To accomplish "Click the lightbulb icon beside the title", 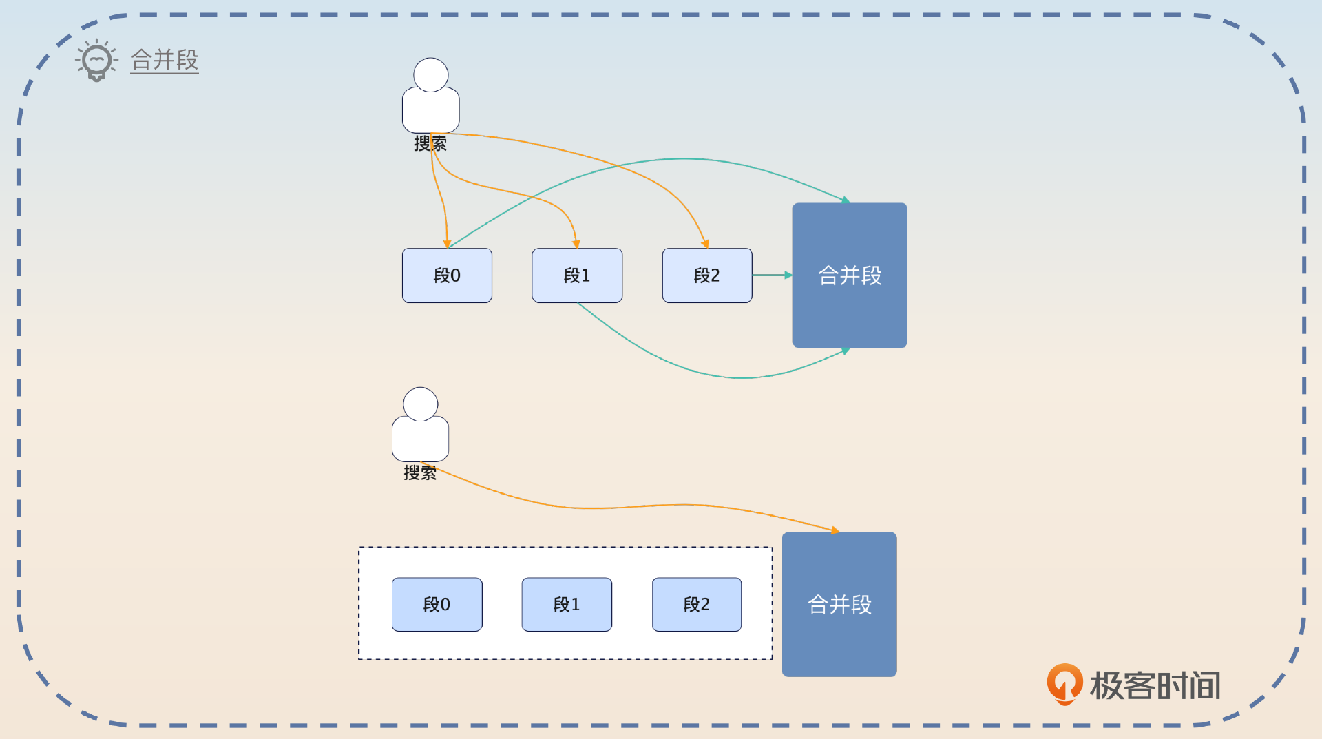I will tap(96, 61).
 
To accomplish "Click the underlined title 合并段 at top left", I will tap(165, 60).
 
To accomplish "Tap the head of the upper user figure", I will tap(431, 75).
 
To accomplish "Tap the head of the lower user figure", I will tap(420, 404).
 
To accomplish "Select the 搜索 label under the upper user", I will tap(430, 143).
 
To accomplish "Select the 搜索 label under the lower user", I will tap(420, 472).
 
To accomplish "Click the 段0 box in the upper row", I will tap(447, 275).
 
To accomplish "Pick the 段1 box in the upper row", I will tap(577, 275).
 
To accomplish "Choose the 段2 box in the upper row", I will tap(707, 275).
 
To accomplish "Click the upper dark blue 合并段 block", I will tap(850, 275).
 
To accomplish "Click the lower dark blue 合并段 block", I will tap(839, 604).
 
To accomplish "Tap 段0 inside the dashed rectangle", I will tap(437, 605).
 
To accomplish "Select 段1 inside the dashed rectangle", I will tap(567, 605).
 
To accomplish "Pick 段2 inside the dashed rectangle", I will tap(697, 605).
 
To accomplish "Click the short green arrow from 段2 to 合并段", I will tap(771, 275).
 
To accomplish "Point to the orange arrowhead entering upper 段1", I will tap(576, 244).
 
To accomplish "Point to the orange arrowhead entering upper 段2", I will tap(704, 244).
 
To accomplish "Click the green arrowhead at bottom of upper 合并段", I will tap(845, 351).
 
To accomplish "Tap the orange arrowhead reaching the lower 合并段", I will tap(835, 530).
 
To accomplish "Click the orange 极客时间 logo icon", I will tap(1064, 683).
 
